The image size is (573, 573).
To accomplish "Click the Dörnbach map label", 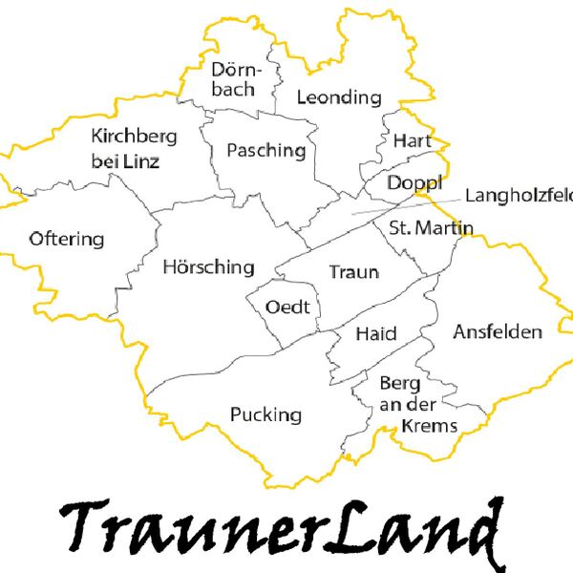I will [x=234, y=79].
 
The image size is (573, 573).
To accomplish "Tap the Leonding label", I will [x=339, y=97].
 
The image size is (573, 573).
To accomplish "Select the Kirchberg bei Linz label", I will [x=134, y=149].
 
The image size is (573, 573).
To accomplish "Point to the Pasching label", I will [x=266, y=151].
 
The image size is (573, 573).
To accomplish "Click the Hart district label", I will [x=413, y=140].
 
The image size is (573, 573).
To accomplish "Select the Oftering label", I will [x=67, y=239].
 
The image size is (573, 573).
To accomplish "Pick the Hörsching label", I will [x=208, y=266].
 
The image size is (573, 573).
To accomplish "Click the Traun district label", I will [x=353, y=272].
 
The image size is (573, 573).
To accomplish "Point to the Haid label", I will [x=375, y=333].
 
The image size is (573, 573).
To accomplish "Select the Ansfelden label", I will [x=498, y=332].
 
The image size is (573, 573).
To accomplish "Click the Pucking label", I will [x=266, y=414].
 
